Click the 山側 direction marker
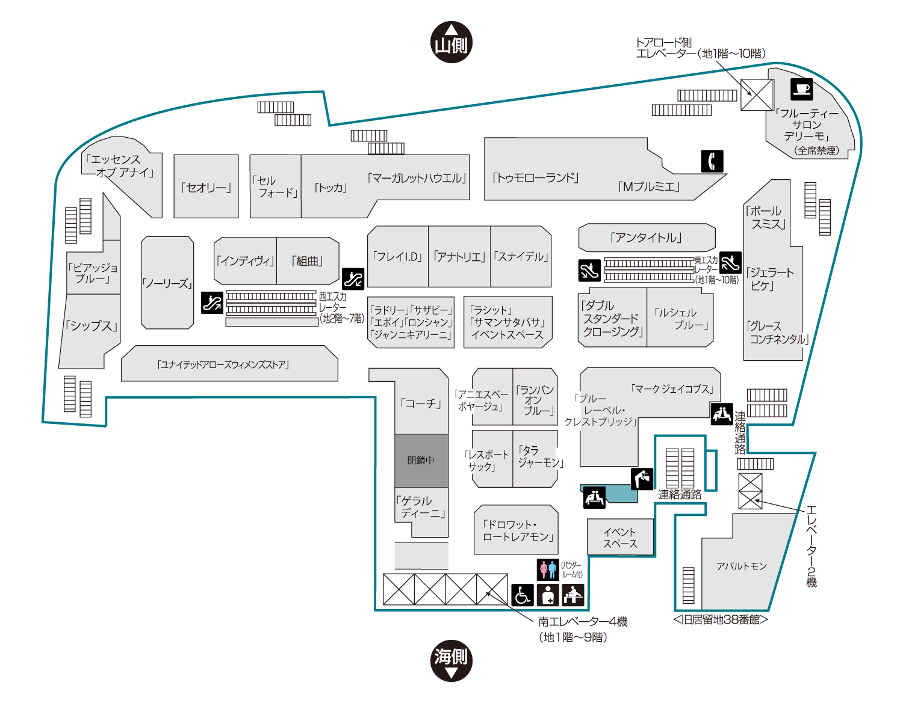(x=451, y=42)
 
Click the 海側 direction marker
(x=451, y=660)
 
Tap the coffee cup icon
(x=801, y=89)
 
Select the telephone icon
(x=712, y=161)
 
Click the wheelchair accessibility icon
(x=522, y=595)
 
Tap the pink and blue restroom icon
(x=547, y=569)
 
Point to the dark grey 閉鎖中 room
(x=421, y=460)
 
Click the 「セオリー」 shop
(x=206, y=186)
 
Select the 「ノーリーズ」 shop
(x=167, y=283)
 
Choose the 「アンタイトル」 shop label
(x=646, y=238)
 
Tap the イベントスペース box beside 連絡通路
(x=619, y=537)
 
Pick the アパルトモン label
(x=741, y=566)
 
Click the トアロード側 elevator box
(x=756, y=94)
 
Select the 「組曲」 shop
(x=308, y=260)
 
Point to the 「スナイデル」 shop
(x=521, y=256)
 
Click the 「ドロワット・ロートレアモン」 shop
(x=516, y=530)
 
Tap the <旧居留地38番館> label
(x=720, y=620)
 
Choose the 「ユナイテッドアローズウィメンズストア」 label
(x=223, y=365)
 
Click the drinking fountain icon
(x=642, y=479)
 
